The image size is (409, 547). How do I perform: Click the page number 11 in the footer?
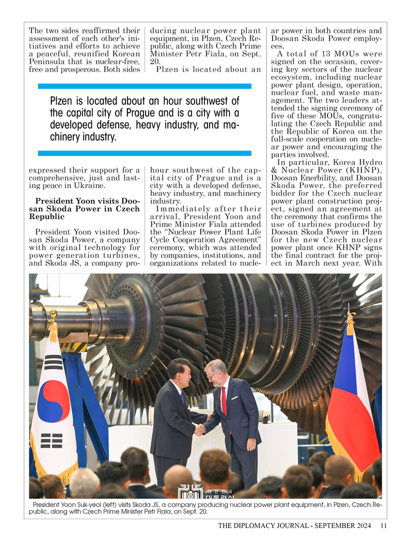(x=383, y=526)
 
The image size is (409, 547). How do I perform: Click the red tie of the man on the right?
(x=224, y=400)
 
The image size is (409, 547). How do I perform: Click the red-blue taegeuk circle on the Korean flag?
(x=54, y=401)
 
